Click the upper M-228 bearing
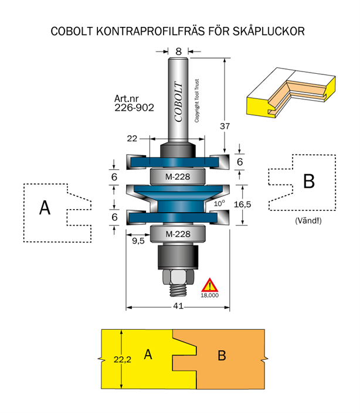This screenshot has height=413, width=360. (x=177, y=176)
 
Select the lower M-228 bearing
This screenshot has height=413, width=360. (x=177, y=234)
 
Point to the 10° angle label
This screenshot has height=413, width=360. (x=219, y=203)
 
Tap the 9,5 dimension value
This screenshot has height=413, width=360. (x=138, y=240)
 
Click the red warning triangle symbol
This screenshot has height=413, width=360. (x=209, y=285)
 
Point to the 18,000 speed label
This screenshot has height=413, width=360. (x=209, y=296)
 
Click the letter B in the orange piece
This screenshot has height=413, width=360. (x=222, y=356)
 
